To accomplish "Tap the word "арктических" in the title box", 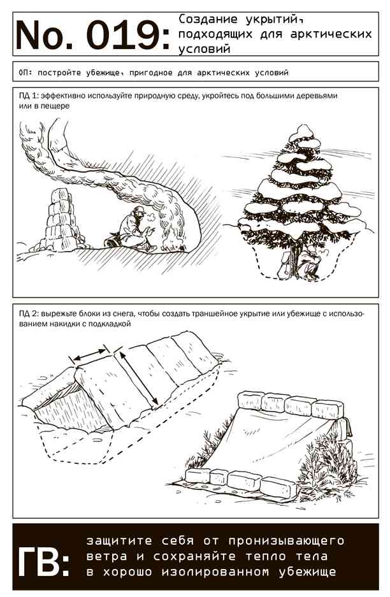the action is pyautogui.click(x=331, y=34).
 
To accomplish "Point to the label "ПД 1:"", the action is pyautogui.click(x=29, y=96).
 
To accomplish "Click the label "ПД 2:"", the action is pyautogui.click(x=29, y=314).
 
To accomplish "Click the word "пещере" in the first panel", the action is pyautogui.click(x=57, y=106).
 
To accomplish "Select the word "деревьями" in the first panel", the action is pyautogui.click(x=319, y=96).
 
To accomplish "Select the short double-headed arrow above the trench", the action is pyautogui.click(x=90, y=354).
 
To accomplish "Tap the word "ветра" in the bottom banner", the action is pyautogui.click(x=106, y=557).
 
